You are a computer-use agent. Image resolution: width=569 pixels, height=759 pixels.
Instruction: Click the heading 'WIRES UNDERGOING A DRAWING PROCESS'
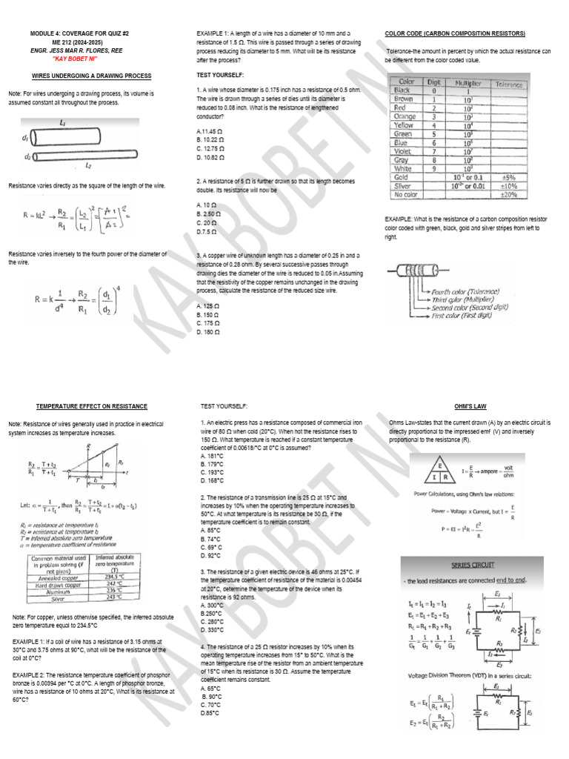(x=92, y=76)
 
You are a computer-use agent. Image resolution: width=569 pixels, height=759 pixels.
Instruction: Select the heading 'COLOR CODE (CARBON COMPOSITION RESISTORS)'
(x=455, y=34)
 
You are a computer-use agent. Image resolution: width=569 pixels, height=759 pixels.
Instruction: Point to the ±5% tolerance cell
(x=508, y=178)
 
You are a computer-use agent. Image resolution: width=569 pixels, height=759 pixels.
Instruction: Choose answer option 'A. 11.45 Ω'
(x=210, y=131)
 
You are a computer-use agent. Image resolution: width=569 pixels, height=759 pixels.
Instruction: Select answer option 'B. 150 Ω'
(x=210, y=315)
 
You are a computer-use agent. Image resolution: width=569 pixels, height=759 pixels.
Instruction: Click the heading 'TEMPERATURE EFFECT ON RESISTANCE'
(x=92, y=406)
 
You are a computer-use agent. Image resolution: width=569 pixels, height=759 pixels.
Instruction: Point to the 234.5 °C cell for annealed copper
(x=113, y=577)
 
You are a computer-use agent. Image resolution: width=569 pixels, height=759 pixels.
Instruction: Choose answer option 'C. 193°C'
(x=212, y=471)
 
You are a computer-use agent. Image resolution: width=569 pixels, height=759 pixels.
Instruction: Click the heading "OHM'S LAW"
(x=470, y=406)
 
